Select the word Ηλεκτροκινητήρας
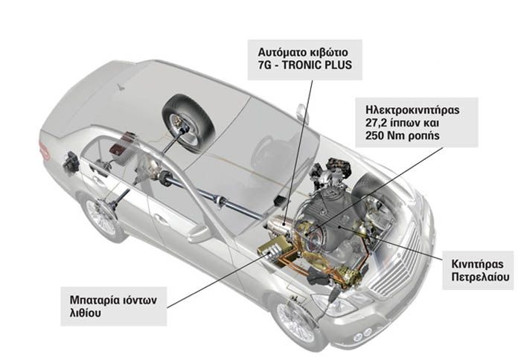412,110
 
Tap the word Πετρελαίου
480,277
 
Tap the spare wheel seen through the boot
188,123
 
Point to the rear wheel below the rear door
100,215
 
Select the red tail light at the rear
44,150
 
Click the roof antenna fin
121,87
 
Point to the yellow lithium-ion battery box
275,246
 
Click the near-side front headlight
335,304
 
